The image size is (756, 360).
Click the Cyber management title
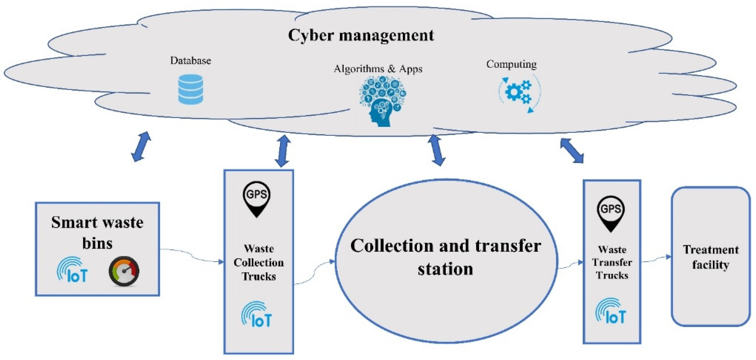point(361,36)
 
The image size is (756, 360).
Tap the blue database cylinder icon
point(190,89)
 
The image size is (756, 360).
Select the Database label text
point(190,61)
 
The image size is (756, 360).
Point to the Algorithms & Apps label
point(378,69)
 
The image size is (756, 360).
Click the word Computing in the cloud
point(511,64)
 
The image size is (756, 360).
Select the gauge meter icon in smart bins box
point(124,271)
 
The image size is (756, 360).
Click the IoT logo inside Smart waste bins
point(72,270)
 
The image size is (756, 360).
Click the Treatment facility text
point(710,257)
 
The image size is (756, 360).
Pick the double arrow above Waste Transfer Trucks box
point(572,151)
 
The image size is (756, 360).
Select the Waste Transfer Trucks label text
point(612,262)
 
